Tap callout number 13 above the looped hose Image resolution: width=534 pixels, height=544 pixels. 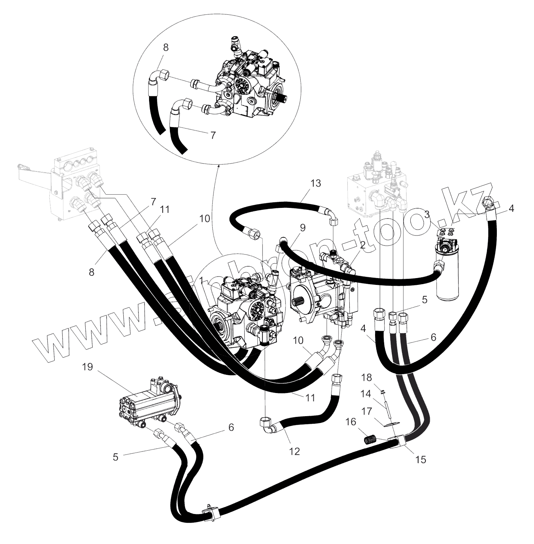point(315,183)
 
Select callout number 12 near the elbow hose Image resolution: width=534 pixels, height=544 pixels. point(294,451)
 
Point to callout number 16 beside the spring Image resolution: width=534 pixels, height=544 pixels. point(352,422)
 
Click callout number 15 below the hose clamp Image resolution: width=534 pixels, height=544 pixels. point(421,459)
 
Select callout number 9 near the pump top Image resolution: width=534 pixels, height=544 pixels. point(302,228)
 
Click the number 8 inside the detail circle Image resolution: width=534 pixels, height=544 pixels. point(166,48)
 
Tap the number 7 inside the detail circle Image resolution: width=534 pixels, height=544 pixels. point(213,135)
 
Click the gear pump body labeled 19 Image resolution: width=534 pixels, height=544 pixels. point(148,402)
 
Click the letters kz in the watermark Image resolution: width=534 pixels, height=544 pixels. point(470,205)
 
